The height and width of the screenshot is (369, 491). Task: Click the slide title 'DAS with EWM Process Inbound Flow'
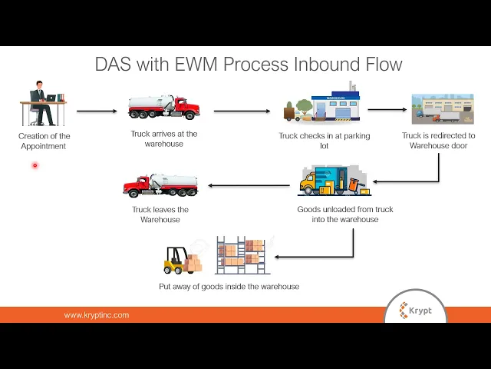point(248,64)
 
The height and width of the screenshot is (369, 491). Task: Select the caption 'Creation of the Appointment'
point(44,141)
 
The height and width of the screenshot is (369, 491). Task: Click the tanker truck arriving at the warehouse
point(164,107)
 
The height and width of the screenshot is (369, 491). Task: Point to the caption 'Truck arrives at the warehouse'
point(164,138)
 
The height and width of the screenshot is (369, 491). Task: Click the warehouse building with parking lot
point(322,104)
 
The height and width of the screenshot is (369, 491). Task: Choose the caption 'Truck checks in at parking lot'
point(324,141)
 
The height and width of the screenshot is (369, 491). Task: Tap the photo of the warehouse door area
point(437,109)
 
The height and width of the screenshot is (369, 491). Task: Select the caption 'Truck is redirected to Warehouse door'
point(438,141)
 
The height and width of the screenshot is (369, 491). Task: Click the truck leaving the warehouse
point(160,185)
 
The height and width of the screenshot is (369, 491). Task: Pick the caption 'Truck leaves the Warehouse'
point(160,214)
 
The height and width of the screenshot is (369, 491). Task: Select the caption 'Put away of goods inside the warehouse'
point(229,287)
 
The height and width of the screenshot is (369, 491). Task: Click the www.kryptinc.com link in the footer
point(97,315)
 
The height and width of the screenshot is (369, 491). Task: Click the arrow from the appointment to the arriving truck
point(97,111)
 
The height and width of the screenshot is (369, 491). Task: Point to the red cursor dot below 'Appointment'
point(35,165)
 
